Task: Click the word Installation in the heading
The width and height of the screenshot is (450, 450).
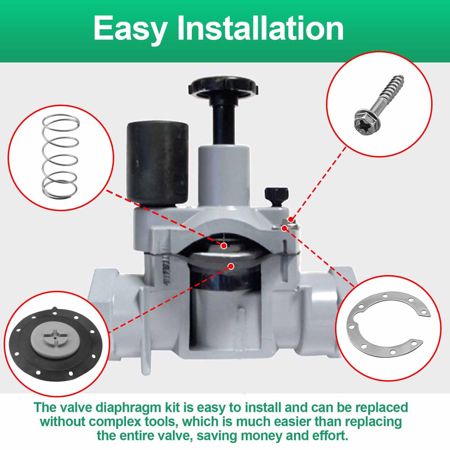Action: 261,27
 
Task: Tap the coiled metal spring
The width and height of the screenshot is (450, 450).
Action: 60,157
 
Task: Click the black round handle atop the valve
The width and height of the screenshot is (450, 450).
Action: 224,87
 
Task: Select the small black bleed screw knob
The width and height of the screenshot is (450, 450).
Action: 277,196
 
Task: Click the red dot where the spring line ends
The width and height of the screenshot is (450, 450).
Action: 224,246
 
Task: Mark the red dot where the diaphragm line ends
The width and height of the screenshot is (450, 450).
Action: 231,266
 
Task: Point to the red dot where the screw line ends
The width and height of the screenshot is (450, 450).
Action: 291,220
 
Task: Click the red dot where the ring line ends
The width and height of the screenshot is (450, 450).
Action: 284,229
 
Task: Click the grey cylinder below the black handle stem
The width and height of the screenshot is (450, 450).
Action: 224,172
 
